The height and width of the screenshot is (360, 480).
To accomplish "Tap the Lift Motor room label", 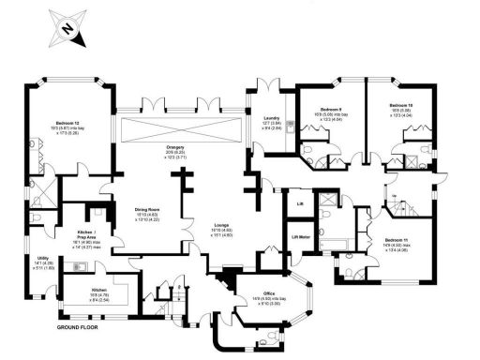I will pos(302,237).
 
